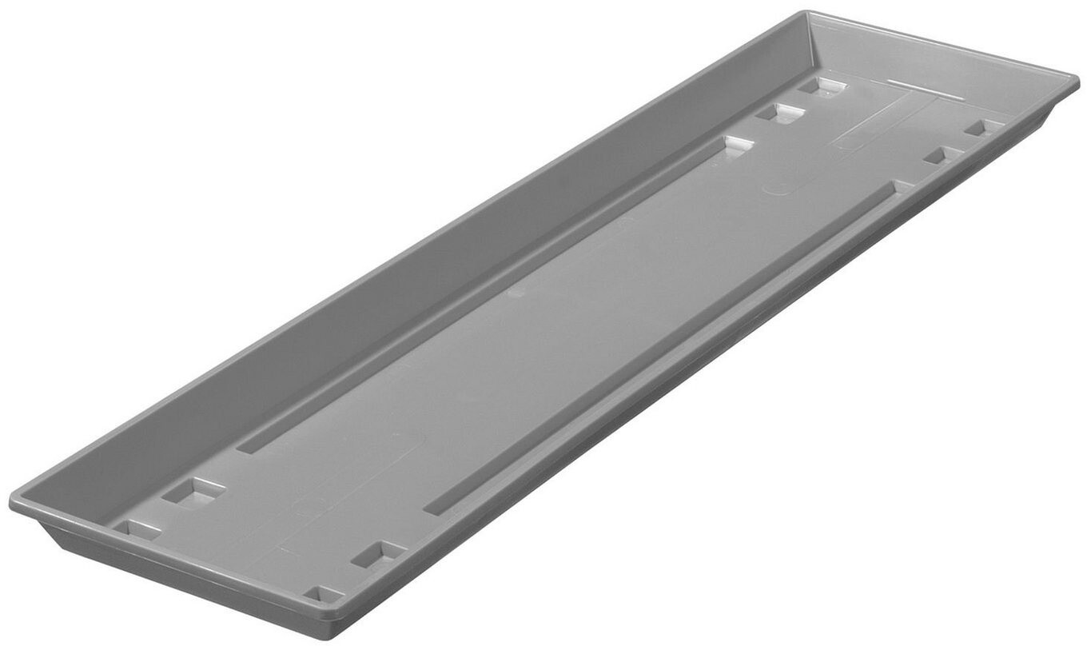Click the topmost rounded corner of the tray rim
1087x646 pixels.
pyautogui.click(x=809, y=14)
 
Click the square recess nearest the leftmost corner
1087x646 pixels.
pyautogui.click(x=137, y=528)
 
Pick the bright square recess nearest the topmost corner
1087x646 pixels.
pyautogui.click(x=821, y=86)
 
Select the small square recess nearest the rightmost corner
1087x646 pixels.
pyautogui.click(x=982, y=127)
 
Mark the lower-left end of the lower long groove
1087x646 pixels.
pyautogui.click(x=432, y=508)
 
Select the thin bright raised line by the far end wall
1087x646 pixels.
pyautogui.click(x=914, y=82)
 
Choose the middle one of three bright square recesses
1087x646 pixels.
pyautogui.click(x=779, y=113)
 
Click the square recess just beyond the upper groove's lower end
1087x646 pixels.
pyautogui.click(x=194, y=491)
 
